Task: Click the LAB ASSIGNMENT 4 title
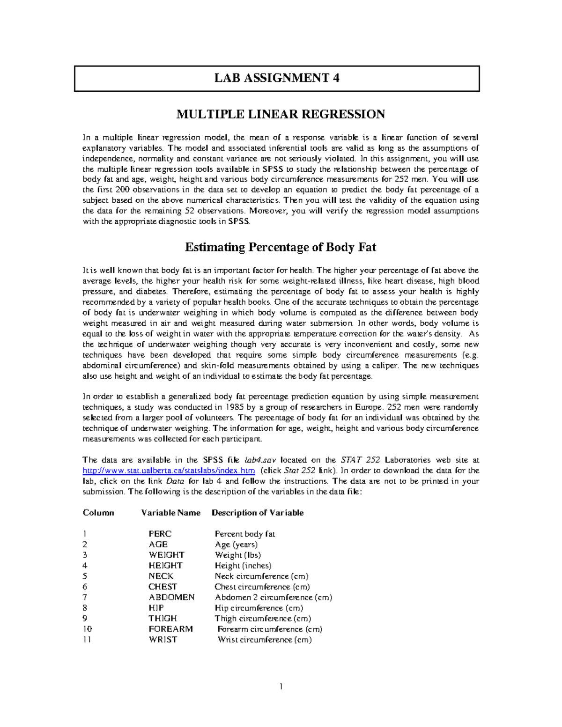coord(277,78)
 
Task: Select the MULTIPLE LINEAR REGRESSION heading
coord(280,114)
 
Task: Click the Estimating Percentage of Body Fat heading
coord(280,247)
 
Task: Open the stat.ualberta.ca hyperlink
coord(169,471)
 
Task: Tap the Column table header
coord(98,513)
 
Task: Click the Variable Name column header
coord(170,513)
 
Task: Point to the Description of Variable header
coord(257,513)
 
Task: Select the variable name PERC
coord(160,534)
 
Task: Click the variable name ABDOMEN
coord(171,597)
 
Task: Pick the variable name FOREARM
coord(170,629)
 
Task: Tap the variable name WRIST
coord(163,640)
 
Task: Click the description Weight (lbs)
coord(237,555)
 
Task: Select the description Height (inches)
coord(243,566)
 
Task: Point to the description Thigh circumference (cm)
coord(263,619)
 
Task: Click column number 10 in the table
coord(87,629)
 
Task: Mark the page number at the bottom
coord(281,687)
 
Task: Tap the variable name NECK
coord(161,576)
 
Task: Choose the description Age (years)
coord(236,545)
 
